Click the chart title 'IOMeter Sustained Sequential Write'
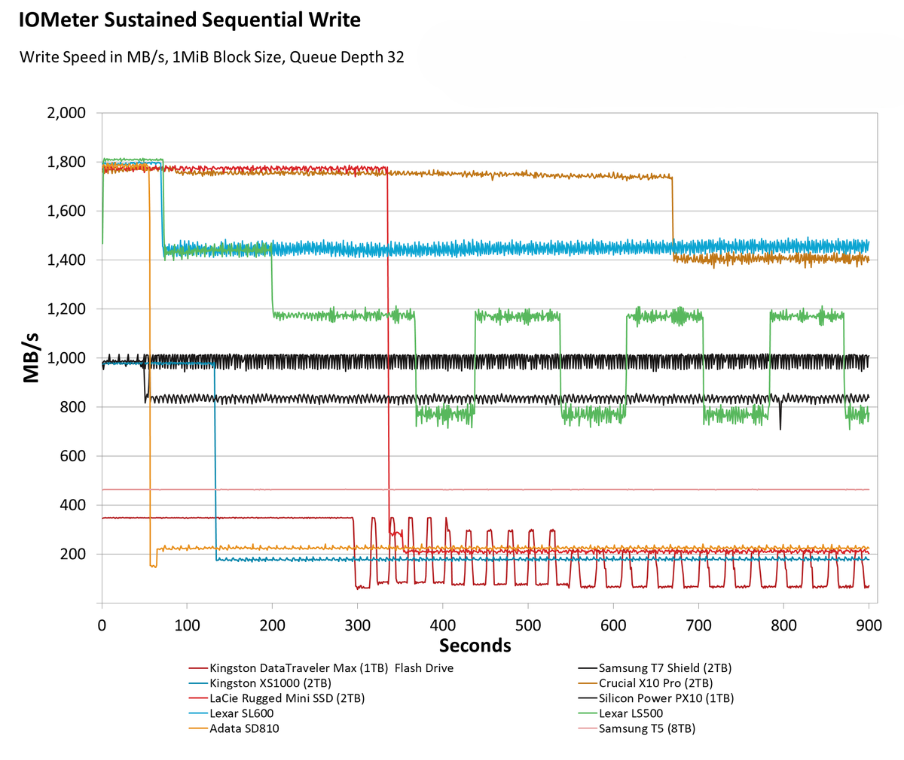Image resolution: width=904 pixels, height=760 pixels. coord(190,20)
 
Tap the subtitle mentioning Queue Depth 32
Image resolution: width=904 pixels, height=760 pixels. coord(212,57)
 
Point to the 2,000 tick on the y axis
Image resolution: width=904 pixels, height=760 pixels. coord(67,113)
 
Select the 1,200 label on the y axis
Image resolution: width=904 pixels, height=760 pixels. coord(67,309)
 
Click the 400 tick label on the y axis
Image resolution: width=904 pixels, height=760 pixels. coord(73,505)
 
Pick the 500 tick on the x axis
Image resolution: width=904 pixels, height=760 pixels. coord(527,625)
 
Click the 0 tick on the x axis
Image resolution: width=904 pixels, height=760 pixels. coord(102,625)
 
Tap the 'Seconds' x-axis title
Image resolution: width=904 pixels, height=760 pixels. coord(475,646)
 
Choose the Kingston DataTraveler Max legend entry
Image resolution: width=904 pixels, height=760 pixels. coord(331,667)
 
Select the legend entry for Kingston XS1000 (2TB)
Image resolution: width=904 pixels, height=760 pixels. coord(270,683)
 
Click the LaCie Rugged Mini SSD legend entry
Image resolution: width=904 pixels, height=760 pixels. coord(287,698)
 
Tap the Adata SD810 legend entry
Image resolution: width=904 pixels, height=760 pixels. coord(245,728)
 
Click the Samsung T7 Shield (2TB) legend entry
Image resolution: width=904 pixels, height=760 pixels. coord(664,667)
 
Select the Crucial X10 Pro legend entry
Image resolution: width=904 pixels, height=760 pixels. coord(655,683)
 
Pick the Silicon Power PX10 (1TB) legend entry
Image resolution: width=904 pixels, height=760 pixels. coord(666,698)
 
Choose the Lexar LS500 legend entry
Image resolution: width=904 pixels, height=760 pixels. coord(631,713)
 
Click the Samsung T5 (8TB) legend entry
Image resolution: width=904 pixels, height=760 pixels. coord(646,728)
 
